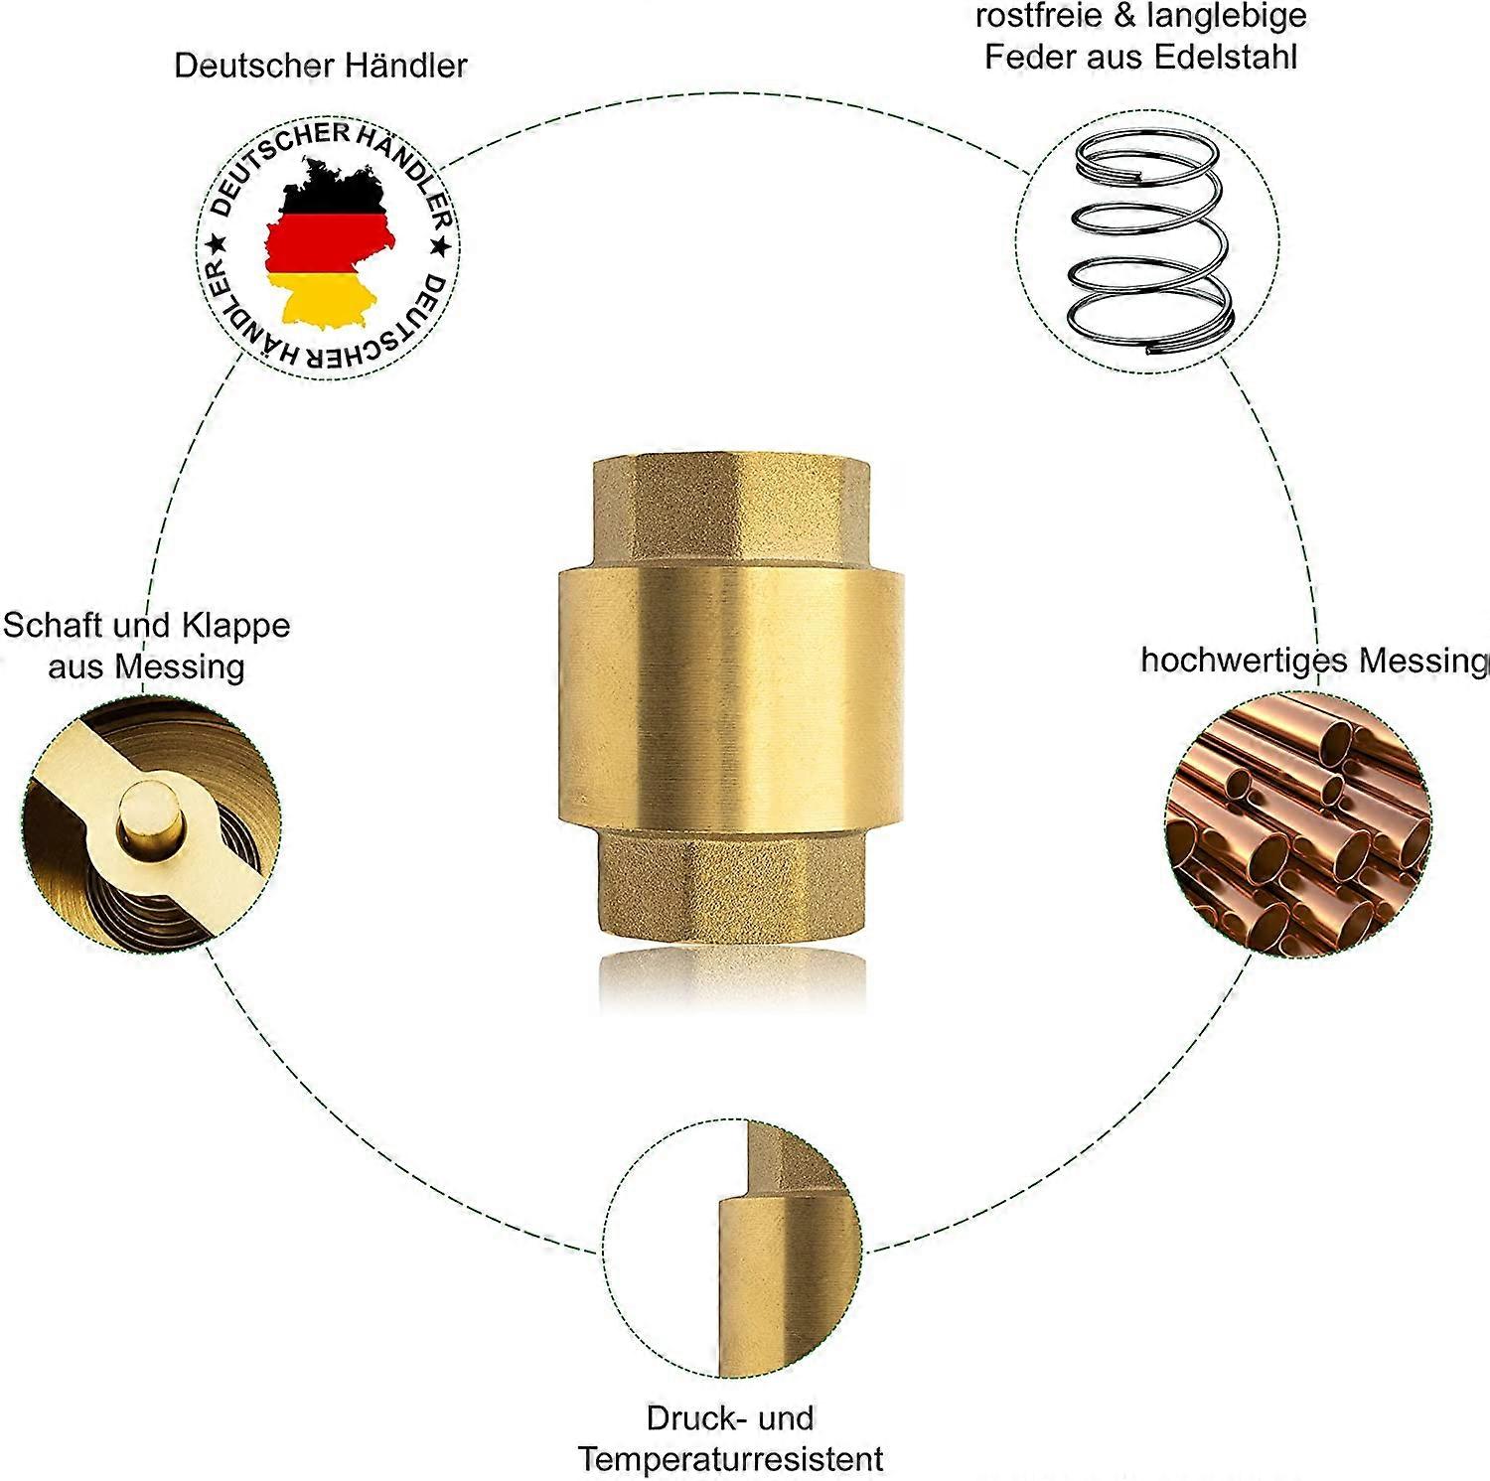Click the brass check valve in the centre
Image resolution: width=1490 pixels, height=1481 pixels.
coord(731,695)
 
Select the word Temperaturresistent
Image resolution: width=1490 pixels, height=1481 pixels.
coord(730,1459)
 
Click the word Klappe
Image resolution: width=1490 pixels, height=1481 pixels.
coord(242,626)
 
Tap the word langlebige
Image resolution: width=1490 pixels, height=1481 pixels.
coord(1227,16)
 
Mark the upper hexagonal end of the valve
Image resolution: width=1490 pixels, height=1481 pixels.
coord(731,511)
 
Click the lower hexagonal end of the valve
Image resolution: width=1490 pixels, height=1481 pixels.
coord(731,884)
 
